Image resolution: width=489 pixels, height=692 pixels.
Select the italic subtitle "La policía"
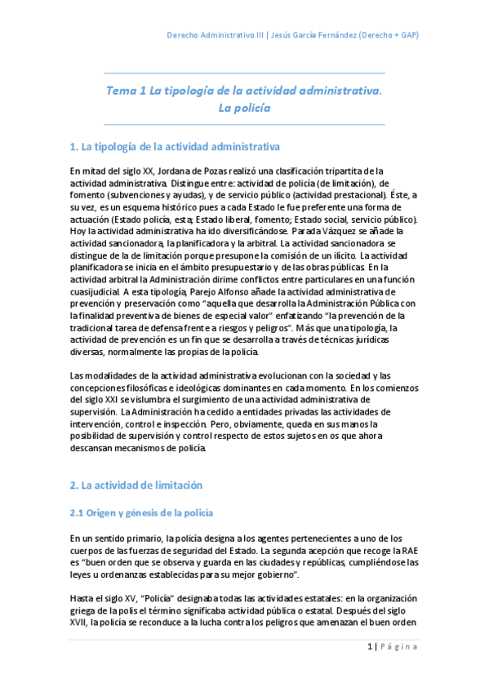[x=244, y=108]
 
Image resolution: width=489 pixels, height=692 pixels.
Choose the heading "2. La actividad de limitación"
[x=136, y=485]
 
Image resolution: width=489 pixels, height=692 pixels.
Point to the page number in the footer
[x=371, y=647]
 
